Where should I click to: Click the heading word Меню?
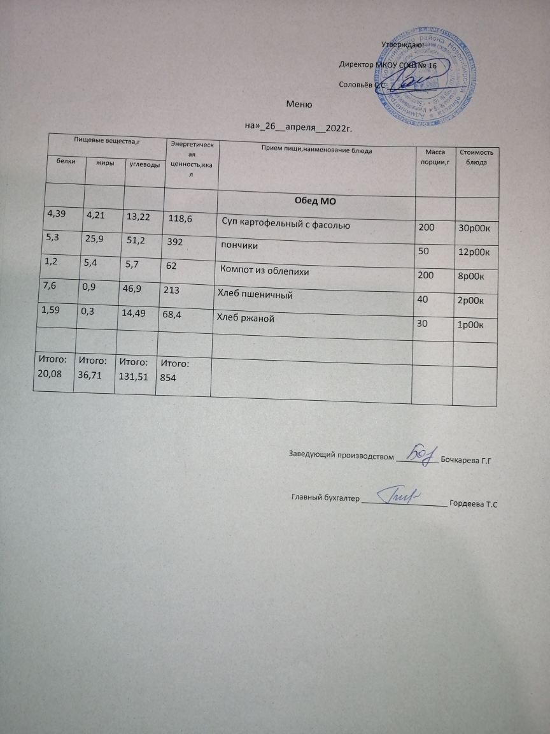[299, 104]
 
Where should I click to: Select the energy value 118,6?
[181, 219]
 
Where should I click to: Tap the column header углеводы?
[144, 165]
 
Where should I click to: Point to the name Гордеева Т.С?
[472, 504]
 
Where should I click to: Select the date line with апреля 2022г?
[299, 127]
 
